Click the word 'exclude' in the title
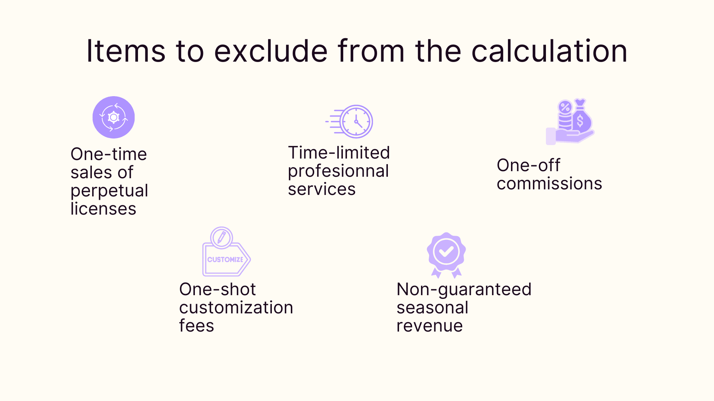click(271, 51)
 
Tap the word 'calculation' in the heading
click(549, 51)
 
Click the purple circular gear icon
click(113, 117)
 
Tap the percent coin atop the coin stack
click(565, 108)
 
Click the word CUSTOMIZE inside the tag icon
click(225, 260)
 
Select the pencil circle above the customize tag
click(222, 238)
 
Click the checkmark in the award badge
click(446, 252)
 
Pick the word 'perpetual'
click(109, 191)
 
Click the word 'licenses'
click(103, 209)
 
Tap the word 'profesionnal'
click(338, 171)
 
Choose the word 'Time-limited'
click(339, 153)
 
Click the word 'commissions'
click(549, 183)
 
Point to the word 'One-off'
click(528, 165)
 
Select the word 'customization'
click(236, 307)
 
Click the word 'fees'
click(196, 326)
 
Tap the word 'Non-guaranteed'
click(464, 289)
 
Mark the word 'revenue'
click(430, 326)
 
